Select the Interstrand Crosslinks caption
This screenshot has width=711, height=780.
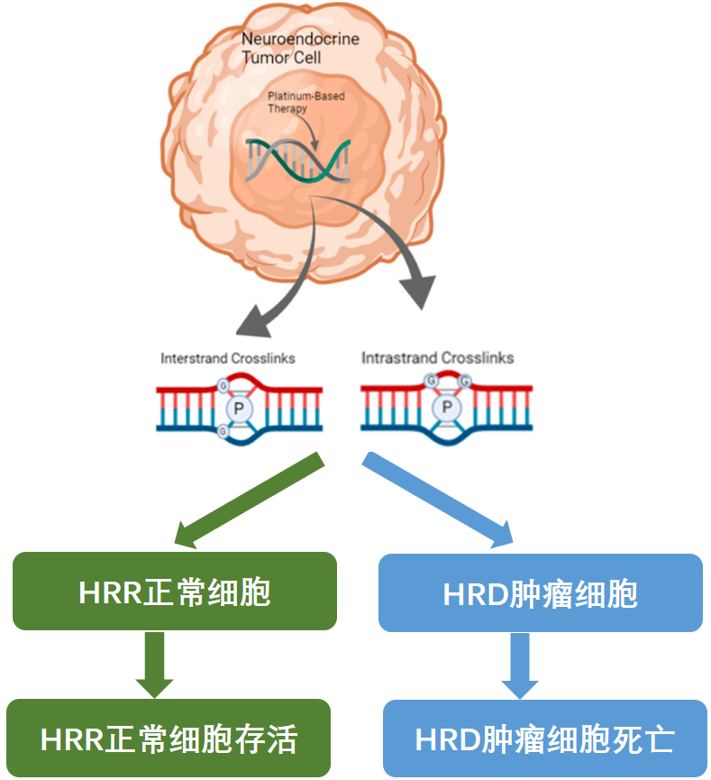pyautogui.click(x=228, y=358)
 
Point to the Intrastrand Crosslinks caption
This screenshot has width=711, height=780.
pyautogui.click(x=437, y=358)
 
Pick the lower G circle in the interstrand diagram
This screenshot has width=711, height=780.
pyautogui.click(x=223, y=433)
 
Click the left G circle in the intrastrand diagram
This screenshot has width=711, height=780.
pyautogui.click(x=432, y=381)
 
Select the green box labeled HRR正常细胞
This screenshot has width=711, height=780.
pyautogui.click(x=175, y=592)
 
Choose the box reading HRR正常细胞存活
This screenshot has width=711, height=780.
pyautogui.click(x=169, y=739)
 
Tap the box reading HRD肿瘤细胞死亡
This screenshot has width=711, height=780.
pyautogui.click(x=544, y=739)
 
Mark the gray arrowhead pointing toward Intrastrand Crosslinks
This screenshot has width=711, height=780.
pyautogui.click(x=416, y=287)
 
